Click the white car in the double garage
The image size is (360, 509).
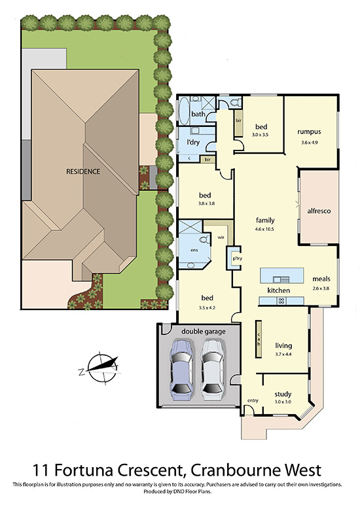[x=212, y=369]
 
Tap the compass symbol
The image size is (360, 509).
[x=101, y=368]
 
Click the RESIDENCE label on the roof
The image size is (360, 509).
[x=83, y=171]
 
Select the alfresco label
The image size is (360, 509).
[x=319, y=211]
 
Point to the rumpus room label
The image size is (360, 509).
[x=309, y=132]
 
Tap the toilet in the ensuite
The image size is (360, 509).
[x=204, y=241]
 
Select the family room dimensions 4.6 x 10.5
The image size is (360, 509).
[x=266, y=229]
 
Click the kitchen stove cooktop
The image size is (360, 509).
[x=281, y=301]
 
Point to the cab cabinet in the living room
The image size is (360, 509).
[x=259, y=340]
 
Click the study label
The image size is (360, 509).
[x=283, y=395]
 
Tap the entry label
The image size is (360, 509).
[x=253, y=400]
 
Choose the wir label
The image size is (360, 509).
[x=221, y=237]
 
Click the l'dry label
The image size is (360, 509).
[x=193, y=142]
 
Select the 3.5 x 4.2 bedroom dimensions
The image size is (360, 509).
[x=207, y=307]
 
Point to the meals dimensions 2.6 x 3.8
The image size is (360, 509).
[x=321, y=288]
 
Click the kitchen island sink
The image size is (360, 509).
[x=281, y=279]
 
